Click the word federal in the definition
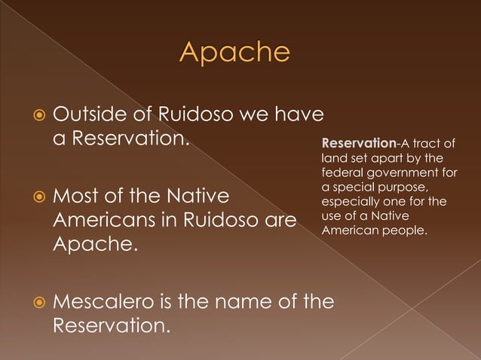(339, 172)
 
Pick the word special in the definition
(355, 187)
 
